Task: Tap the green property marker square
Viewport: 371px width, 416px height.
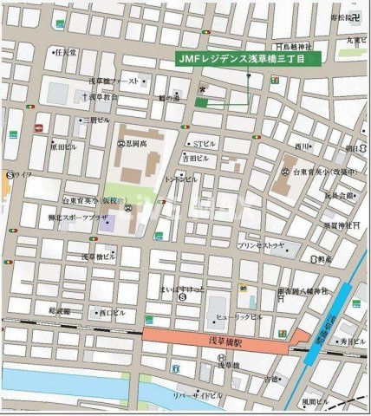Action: (201, 102)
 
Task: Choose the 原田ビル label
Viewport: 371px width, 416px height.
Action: (63, 147)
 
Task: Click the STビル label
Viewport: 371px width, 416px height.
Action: (205, 143)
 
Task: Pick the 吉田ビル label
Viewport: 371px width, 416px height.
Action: (195, 159)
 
